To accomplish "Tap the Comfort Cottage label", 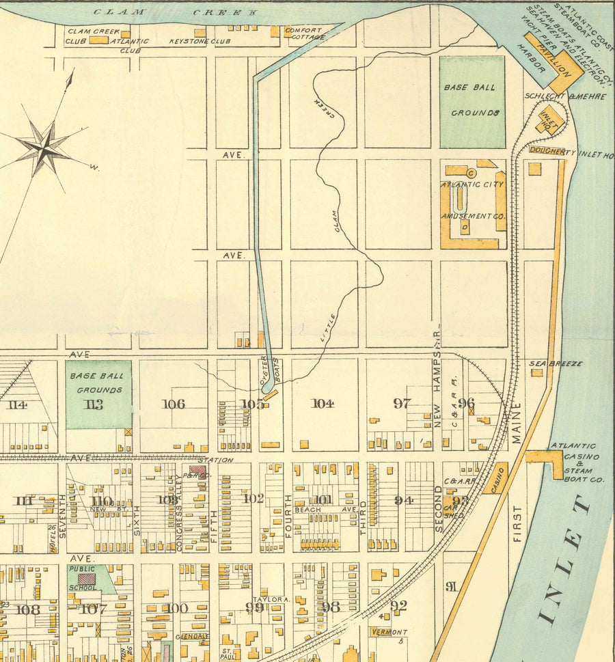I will pos(304,33).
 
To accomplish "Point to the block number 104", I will pos(323,403).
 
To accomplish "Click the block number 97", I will pos(401,403).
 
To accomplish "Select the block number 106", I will pos(173,404).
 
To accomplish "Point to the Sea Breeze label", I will pos(556,363).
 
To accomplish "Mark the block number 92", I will pos(398,605).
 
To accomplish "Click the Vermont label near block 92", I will pos(390,633).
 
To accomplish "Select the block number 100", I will pos(176,608).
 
